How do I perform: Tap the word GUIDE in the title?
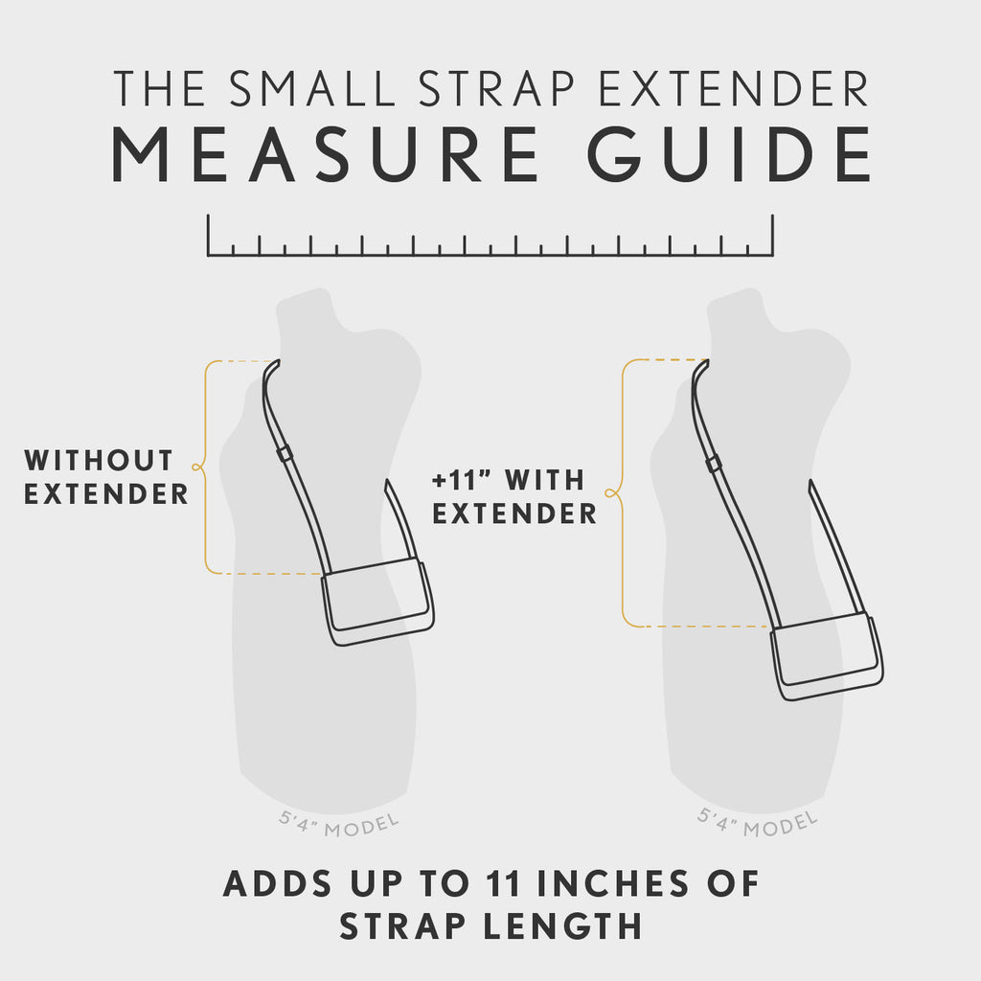point(730,153)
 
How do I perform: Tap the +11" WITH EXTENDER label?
point(513,496)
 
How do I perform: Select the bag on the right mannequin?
point(826,656)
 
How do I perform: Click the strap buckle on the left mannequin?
point(285,453)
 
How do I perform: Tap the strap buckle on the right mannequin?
point(714,465)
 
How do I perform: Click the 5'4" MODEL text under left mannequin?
point(338,823)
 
